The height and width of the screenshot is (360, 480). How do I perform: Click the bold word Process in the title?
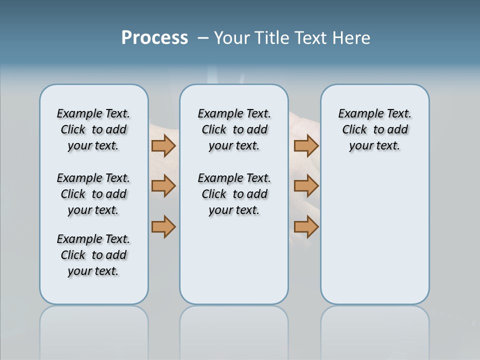(x=154, y=38)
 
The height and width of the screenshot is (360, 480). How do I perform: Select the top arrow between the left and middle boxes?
(x=163, y=145)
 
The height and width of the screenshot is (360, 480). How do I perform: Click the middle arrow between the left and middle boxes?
(x=163, y=186)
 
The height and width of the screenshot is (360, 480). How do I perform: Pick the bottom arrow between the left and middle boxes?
(x=163, y=226)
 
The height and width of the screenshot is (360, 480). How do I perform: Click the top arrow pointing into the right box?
(x=306, y=145)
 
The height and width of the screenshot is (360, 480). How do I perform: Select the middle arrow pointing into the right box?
(x=306, y=186)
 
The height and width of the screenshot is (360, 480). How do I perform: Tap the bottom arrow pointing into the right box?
(x=306, y=226)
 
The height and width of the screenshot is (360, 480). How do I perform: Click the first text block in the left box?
(x=93, y=129)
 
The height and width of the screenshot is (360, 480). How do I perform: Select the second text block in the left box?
(x=93, y=194)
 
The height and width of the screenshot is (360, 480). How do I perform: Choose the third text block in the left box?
(x=93, y=255)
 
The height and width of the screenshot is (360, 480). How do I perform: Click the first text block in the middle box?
(x=234, y=129)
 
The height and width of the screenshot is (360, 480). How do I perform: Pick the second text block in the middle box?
(x=234, y=194)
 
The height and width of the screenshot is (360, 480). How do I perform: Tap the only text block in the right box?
(x=374, y=129)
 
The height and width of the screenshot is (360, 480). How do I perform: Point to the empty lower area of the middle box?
(x=234, y=260)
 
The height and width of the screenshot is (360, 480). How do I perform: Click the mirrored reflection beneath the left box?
(x=93, y=330)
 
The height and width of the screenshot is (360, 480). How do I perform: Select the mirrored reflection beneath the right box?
(x=374, y=330)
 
